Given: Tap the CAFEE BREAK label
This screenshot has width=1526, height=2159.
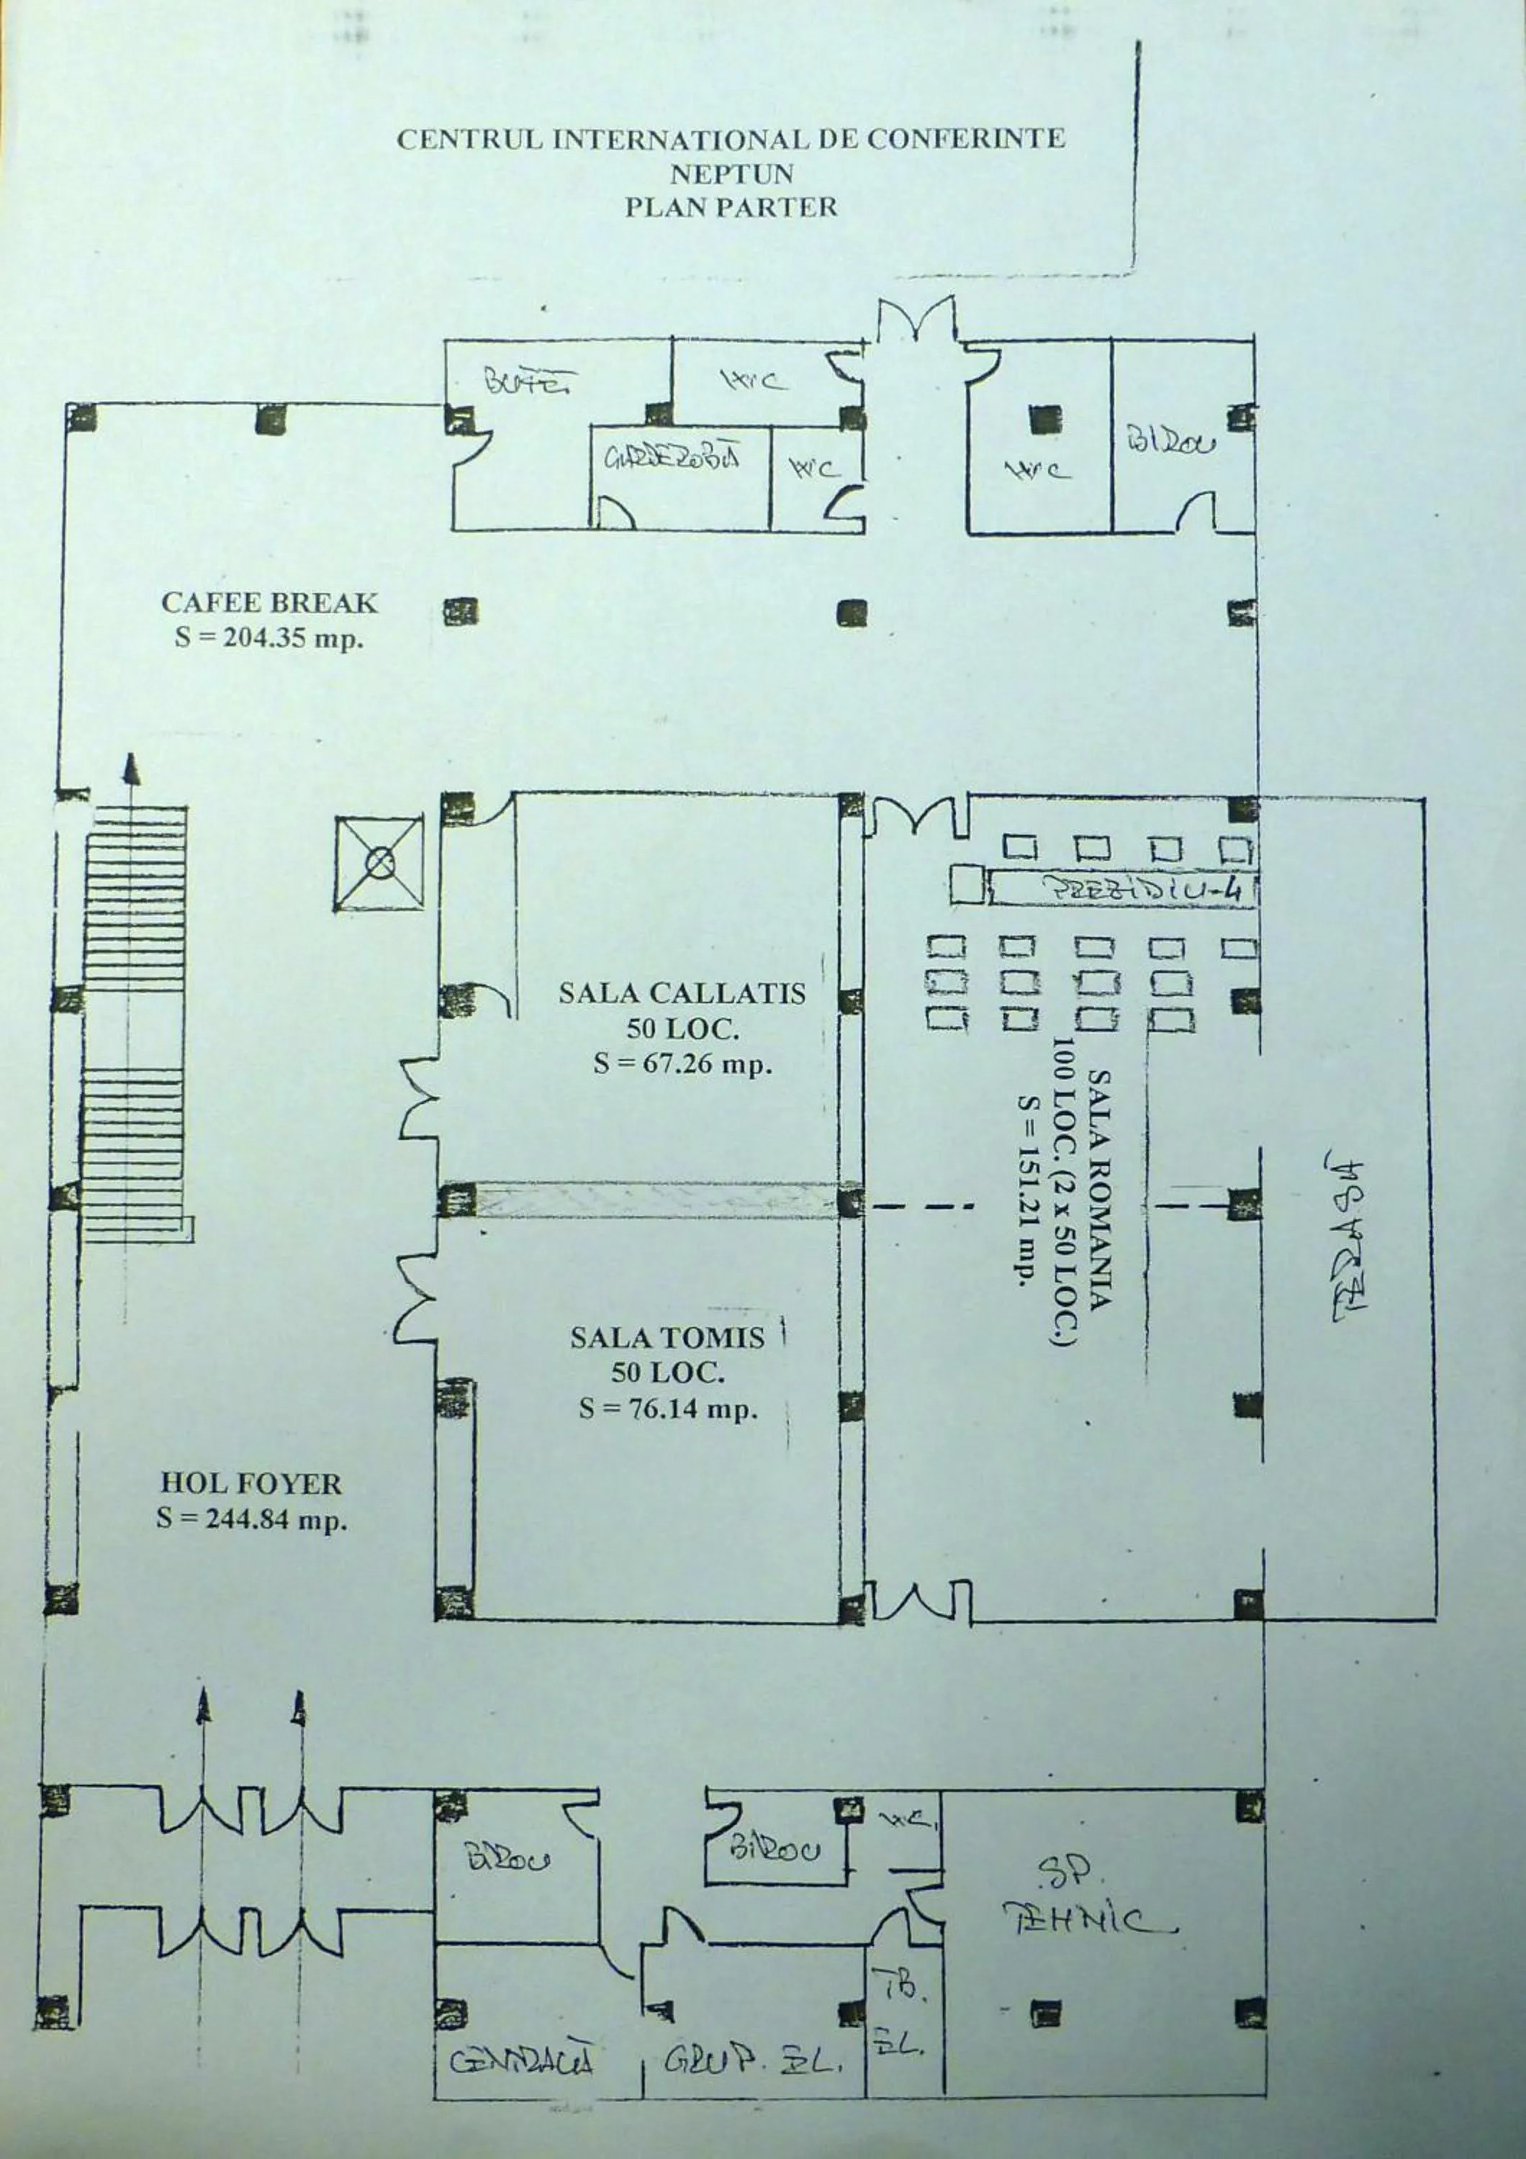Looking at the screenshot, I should pyautogui.click(x=270, y=603).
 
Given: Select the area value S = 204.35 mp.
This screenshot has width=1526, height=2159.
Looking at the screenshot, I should pyautogui.click(x=270, y=638).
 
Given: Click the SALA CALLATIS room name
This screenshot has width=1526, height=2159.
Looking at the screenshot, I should pyautogui.click(x=682, y=993).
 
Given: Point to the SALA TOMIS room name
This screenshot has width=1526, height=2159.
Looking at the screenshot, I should pyautogui.click(x=667, y=1337).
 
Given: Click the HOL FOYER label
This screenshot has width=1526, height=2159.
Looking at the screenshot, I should pyautogui.click(x=251, y=1483).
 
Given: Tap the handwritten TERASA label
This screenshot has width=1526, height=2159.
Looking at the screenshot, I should pyautogui.click(x=1348, y=1239).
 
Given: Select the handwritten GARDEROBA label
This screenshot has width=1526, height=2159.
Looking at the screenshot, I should pyautogui.click(x=672, y=458).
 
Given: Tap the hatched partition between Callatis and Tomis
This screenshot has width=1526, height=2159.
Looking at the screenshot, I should pyautogui.click(x=655, y=1201).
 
